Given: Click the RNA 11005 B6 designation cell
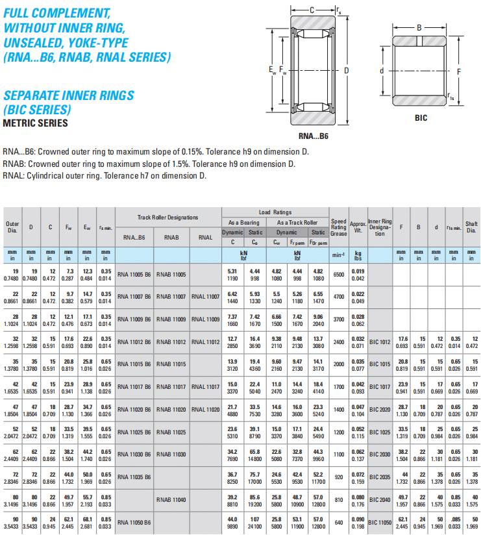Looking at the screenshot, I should pos(134,274).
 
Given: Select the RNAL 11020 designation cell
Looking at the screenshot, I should pos(205,409).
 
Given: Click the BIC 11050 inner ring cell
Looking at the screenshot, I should pos(380,521).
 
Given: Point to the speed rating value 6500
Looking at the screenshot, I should pos(338,274).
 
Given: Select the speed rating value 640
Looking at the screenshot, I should pos(338,521).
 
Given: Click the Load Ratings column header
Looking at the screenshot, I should pos(275,212).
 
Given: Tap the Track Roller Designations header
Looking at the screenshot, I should pos(167,217).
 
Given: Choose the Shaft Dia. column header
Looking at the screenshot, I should pos(471,227).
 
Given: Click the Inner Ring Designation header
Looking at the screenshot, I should pos(380,227).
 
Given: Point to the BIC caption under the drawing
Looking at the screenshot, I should pos(421,118).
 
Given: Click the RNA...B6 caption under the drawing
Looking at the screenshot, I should pos(314,136).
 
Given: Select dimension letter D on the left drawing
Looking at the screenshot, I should pos(347,71).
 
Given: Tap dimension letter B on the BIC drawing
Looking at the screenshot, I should pos(419,28).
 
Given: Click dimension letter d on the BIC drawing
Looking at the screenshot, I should pos(382,70).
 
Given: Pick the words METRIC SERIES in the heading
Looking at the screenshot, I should pos(35,123).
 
